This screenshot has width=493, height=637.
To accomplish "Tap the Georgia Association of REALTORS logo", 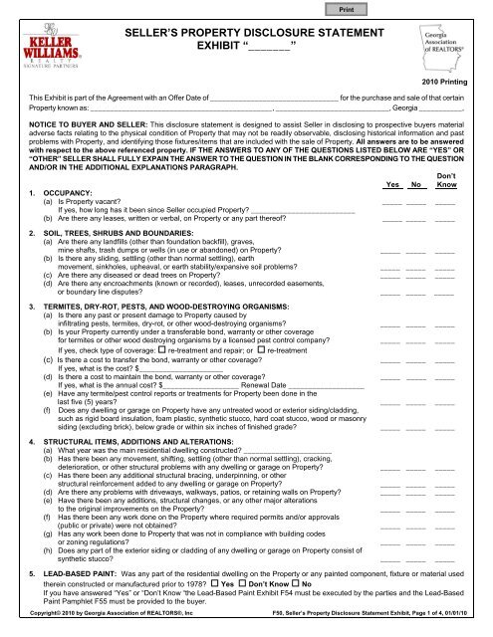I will tap(437, 48).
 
